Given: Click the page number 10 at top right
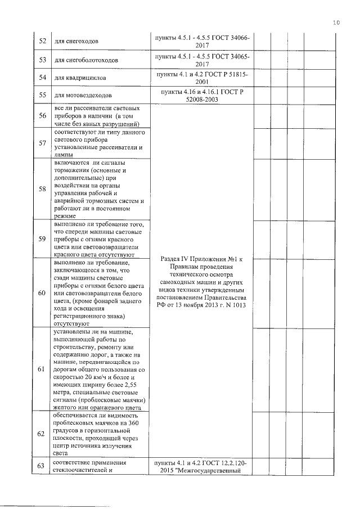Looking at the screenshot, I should (x=336, y=23).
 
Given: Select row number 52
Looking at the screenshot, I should (x=42, y=41).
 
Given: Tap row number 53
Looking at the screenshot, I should (x=42, y=59).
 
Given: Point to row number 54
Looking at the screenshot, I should (x=42, y=77).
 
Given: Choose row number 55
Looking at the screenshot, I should (x=42, y=95).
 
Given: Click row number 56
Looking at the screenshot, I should (x=42, y=116).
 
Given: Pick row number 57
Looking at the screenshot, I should (x=42, y=143).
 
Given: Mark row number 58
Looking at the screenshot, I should (x=42, y=188).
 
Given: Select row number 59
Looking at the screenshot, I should (x=42, y=238).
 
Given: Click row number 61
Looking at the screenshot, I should (x=42, y=369).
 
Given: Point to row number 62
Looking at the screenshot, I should (x=42, y=434).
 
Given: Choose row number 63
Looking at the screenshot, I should (x=42, y=465).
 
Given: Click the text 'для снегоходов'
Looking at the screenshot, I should (x=77, y=42).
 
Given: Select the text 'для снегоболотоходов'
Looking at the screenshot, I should (x=86, y=60).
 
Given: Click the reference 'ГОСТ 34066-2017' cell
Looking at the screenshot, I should (x=202, y=41).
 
